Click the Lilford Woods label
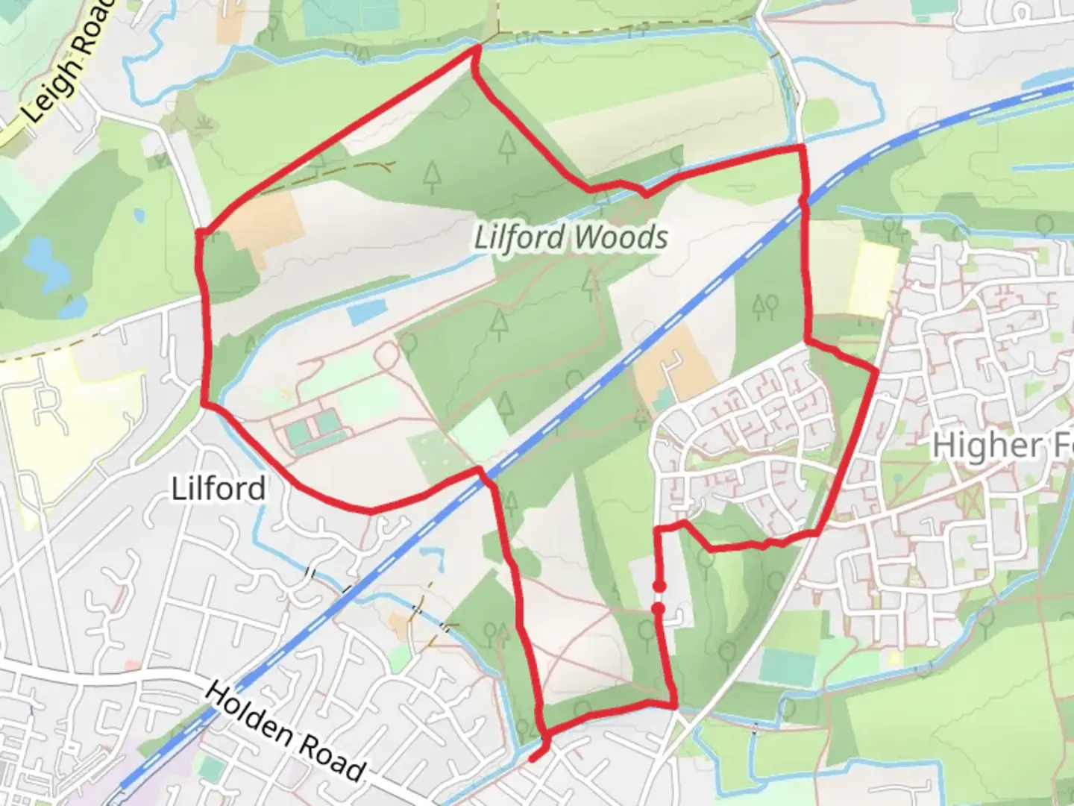click(571, 238)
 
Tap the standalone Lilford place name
click(219, 489)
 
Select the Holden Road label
click(285, 731)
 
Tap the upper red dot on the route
click(659, 587)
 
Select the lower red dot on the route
click(659, 609)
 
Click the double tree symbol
click(766, 304)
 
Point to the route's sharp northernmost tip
click(477, 49)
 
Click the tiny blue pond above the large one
click(139, 216)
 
